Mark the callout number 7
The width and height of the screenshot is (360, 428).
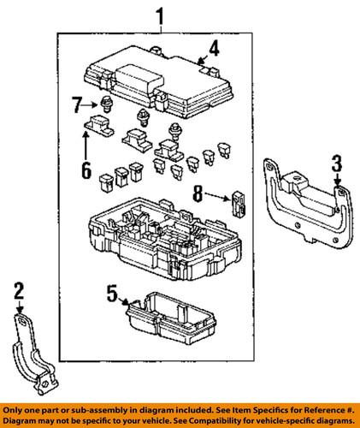76,105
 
